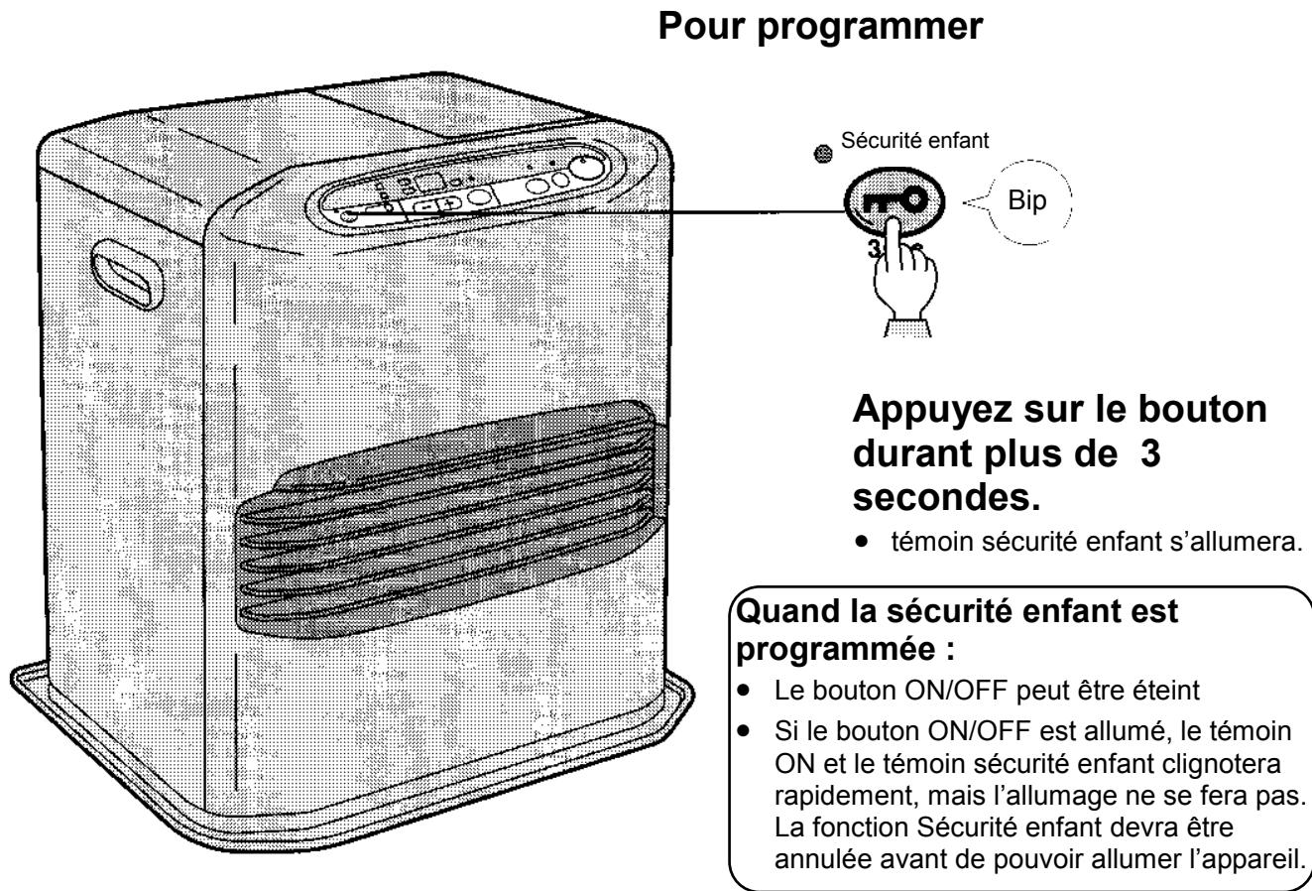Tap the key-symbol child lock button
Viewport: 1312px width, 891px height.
(899, 199)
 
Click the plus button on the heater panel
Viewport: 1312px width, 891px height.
(451, 204)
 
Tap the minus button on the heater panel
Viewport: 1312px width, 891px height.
(428, 206)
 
